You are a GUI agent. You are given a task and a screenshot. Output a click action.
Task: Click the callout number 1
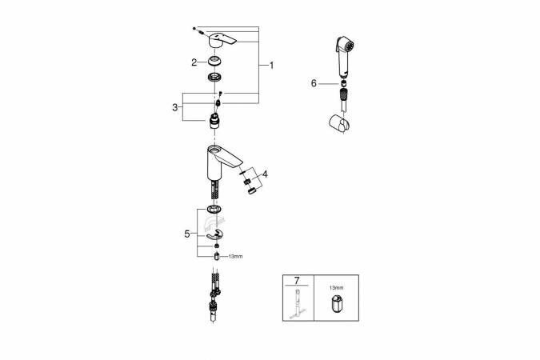[271, 66]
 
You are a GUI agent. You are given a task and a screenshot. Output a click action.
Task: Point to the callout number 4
[266, 174]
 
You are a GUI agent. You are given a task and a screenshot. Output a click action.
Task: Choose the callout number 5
[187, 234]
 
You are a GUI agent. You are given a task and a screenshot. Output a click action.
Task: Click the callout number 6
[314, 82]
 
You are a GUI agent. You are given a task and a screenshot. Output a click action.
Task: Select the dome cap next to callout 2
[214, 62]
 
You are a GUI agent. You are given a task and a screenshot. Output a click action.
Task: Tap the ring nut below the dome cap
[214, 78]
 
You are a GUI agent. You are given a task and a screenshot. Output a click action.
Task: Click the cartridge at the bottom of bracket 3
[214, 122]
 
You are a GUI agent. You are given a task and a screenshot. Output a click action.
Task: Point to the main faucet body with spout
[220, 160]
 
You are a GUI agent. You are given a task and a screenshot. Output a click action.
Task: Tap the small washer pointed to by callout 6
[342, 82]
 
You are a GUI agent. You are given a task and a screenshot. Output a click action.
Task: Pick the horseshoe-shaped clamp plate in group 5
[214, 233]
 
